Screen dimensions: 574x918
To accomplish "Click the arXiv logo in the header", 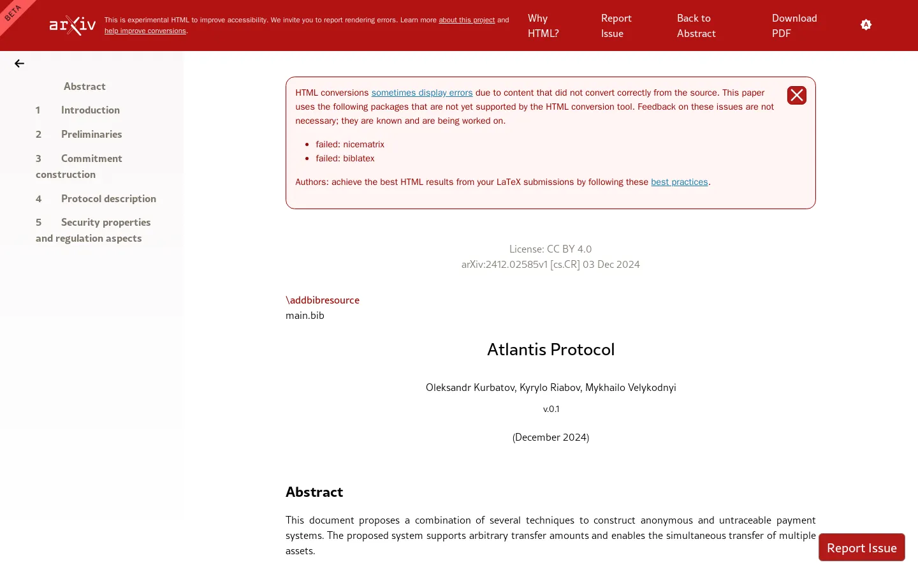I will click(x=73, y=26).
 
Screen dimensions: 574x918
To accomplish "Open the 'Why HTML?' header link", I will click(x=543, y=26).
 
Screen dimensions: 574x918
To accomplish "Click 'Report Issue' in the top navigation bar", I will click(x=616, y=26).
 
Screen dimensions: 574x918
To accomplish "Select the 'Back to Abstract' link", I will click(x=696, y=26).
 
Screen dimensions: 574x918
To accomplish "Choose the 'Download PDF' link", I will click(x=794, y=26).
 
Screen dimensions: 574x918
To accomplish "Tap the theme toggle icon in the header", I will click(x=866, y=25).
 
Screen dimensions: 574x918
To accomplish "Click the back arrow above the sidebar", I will click(x=19, y=64).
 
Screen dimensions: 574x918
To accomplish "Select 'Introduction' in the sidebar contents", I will click(x=91, y=110).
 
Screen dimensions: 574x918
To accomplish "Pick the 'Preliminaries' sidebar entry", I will click(x=91, y=135).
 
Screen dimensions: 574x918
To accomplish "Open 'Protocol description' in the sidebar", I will click(x=108, y=199).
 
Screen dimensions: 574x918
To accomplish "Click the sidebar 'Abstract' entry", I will click(x=85, y=87).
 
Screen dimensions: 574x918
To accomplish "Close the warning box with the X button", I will click(x=797, y=96).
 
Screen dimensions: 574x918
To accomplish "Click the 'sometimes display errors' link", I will click(x=422, y=93).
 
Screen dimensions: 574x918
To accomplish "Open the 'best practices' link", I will click(x=680, y=182).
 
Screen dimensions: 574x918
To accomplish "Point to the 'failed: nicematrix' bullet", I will click(x=350, y=145).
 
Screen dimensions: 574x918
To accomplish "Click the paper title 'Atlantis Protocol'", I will click(x=551, y=350).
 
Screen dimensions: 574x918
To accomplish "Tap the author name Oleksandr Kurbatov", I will click(x=470, y=388).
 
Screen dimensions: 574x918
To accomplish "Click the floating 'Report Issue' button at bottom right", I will click(x=861, y=548).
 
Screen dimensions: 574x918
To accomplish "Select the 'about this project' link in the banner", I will click(x=467, y=20).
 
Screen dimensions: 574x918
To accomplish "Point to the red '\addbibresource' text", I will click(x=323, y=300).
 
